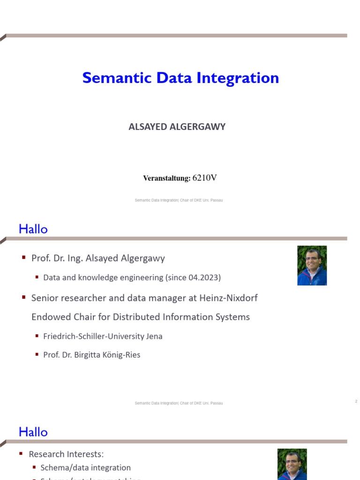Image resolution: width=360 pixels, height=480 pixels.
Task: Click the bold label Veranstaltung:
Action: click(x=166, y=178)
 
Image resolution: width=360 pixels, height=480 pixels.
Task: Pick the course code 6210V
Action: click(x=205, y=178)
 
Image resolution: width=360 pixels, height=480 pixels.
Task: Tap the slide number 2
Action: click(x=356, y=401)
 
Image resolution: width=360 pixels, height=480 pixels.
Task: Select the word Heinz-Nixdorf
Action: click(x=231, y=298)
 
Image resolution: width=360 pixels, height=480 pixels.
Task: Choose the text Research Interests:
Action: click(x=66, y=454)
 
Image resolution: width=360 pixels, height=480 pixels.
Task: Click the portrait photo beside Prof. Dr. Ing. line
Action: click(x=312, y=265)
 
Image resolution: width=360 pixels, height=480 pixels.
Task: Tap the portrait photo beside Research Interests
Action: click(x=292, y=464)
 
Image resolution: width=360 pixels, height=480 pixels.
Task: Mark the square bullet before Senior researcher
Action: click(x=23, y=298)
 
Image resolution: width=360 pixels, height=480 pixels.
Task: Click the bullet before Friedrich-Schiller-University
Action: click(x=37, y=336)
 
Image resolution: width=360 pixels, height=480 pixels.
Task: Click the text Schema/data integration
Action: click(x=86, y=467)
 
